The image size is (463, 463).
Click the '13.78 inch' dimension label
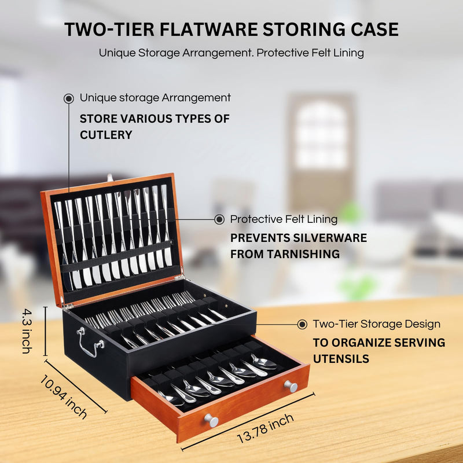(265, 429)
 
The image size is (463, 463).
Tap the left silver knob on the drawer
(211, 420)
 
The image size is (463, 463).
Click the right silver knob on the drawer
(291, 386)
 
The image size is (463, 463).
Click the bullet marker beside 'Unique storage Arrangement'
(68, 98)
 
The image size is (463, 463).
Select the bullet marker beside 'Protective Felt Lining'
(219, 219)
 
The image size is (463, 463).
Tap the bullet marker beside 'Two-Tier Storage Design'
(302, 325)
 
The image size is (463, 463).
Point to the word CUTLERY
(106, 135)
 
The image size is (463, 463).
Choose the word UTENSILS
(341, 359)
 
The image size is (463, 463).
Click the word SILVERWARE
(330, 238)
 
